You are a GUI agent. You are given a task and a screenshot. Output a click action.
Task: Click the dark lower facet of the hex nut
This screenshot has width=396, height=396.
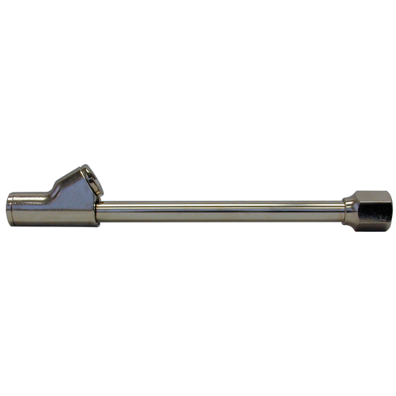[x=365, y=223]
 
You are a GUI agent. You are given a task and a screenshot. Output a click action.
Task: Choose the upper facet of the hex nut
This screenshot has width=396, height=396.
[x=365, y=196]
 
